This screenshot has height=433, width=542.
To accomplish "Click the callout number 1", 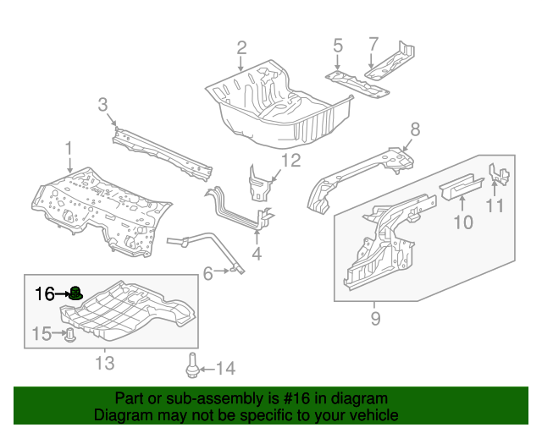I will click(x=69, y=149).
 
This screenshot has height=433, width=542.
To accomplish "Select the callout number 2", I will click(x=241, y=47).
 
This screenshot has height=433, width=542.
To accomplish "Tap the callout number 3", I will click(x=102, y=105).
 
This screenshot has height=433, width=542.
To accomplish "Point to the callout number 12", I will click(x=290, y=162).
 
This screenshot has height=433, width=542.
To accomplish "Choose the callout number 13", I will click(x=103, y=363).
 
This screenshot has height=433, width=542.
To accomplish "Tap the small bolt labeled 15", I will click(x=70, y=336).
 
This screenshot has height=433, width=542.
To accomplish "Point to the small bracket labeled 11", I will click(x=498, y=174).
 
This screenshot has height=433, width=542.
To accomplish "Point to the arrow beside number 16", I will click(x=62, y=294).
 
